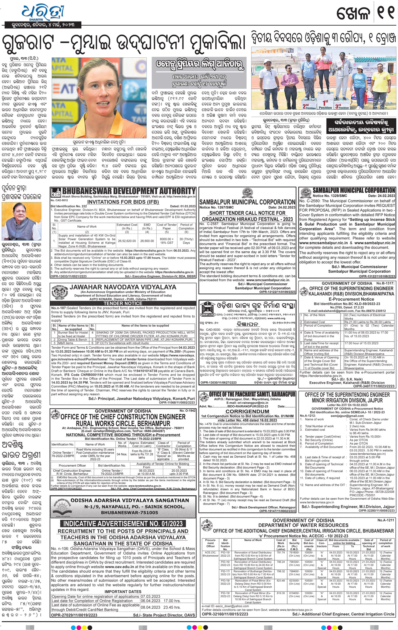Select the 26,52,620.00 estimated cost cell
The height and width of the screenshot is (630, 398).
(x=127, y=241)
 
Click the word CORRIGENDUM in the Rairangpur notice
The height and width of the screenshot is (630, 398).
(x=247, y=411)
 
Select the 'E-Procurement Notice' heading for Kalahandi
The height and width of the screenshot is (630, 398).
(x=347, y=299)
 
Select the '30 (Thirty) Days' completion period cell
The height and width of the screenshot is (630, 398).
(x=186, y=241)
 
